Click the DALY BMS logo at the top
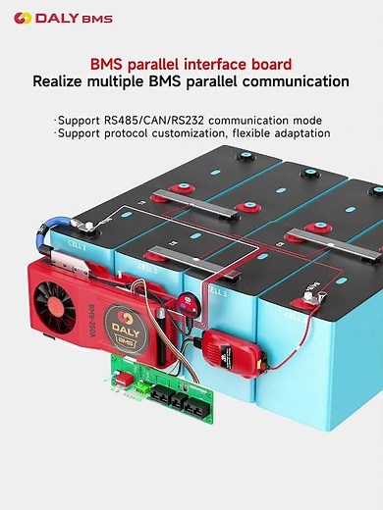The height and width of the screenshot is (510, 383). tap(56, 17)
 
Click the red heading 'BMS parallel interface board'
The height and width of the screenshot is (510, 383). tap(191, 61)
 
